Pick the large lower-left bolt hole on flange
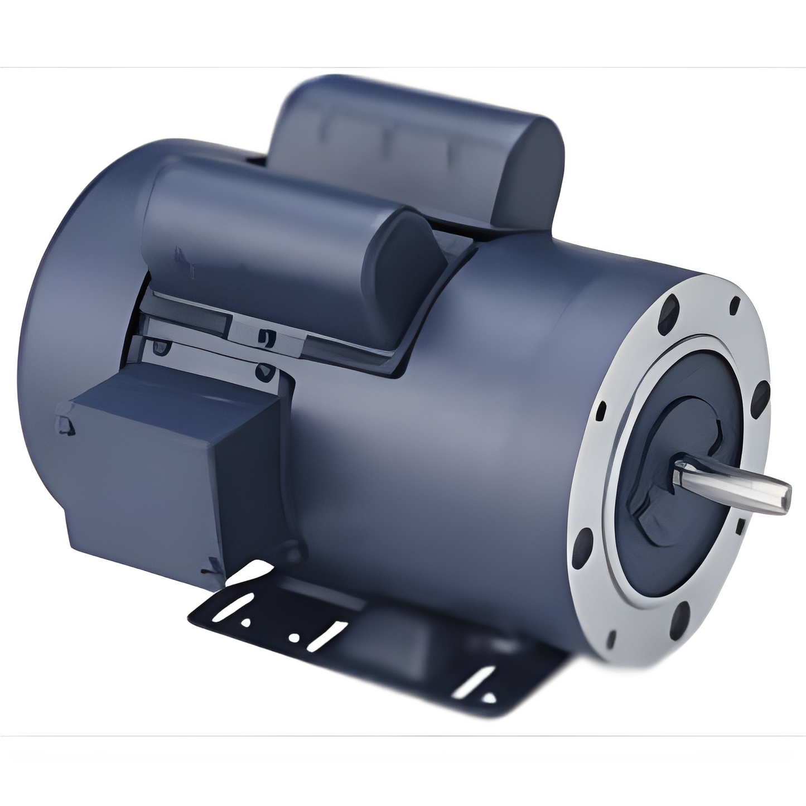[x=586, y=541]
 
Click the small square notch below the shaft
[x=740, y=526]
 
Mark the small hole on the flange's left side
[x=601, y=413]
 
